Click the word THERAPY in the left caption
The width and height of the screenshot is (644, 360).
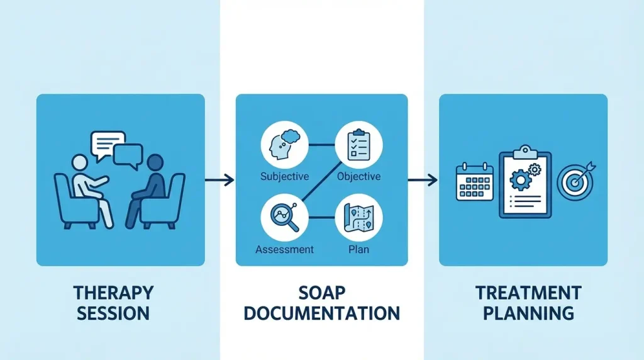[x=113, y=293]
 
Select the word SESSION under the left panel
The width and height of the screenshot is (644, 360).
[x=113, y=313]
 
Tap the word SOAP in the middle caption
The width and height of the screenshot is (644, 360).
[x=322, y=293]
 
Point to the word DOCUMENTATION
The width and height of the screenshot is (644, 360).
[x=322, y=313]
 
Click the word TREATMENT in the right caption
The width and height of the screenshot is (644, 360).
[x=528, y=293]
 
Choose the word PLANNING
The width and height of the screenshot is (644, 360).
[x=528, y=313]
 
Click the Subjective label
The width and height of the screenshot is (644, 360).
[x=284, y=176]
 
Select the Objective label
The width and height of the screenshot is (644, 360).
[x=358, y=176]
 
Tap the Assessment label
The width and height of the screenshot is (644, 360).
[x=284, y=249]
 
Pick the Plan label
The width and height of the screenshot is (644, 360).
[x=358, y=249]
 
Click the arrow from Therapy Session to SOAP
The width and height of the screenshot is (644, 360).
[x=219, y=180]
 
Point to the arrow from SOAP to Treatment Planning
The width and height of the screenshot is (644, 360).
[x=423, y=181]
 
